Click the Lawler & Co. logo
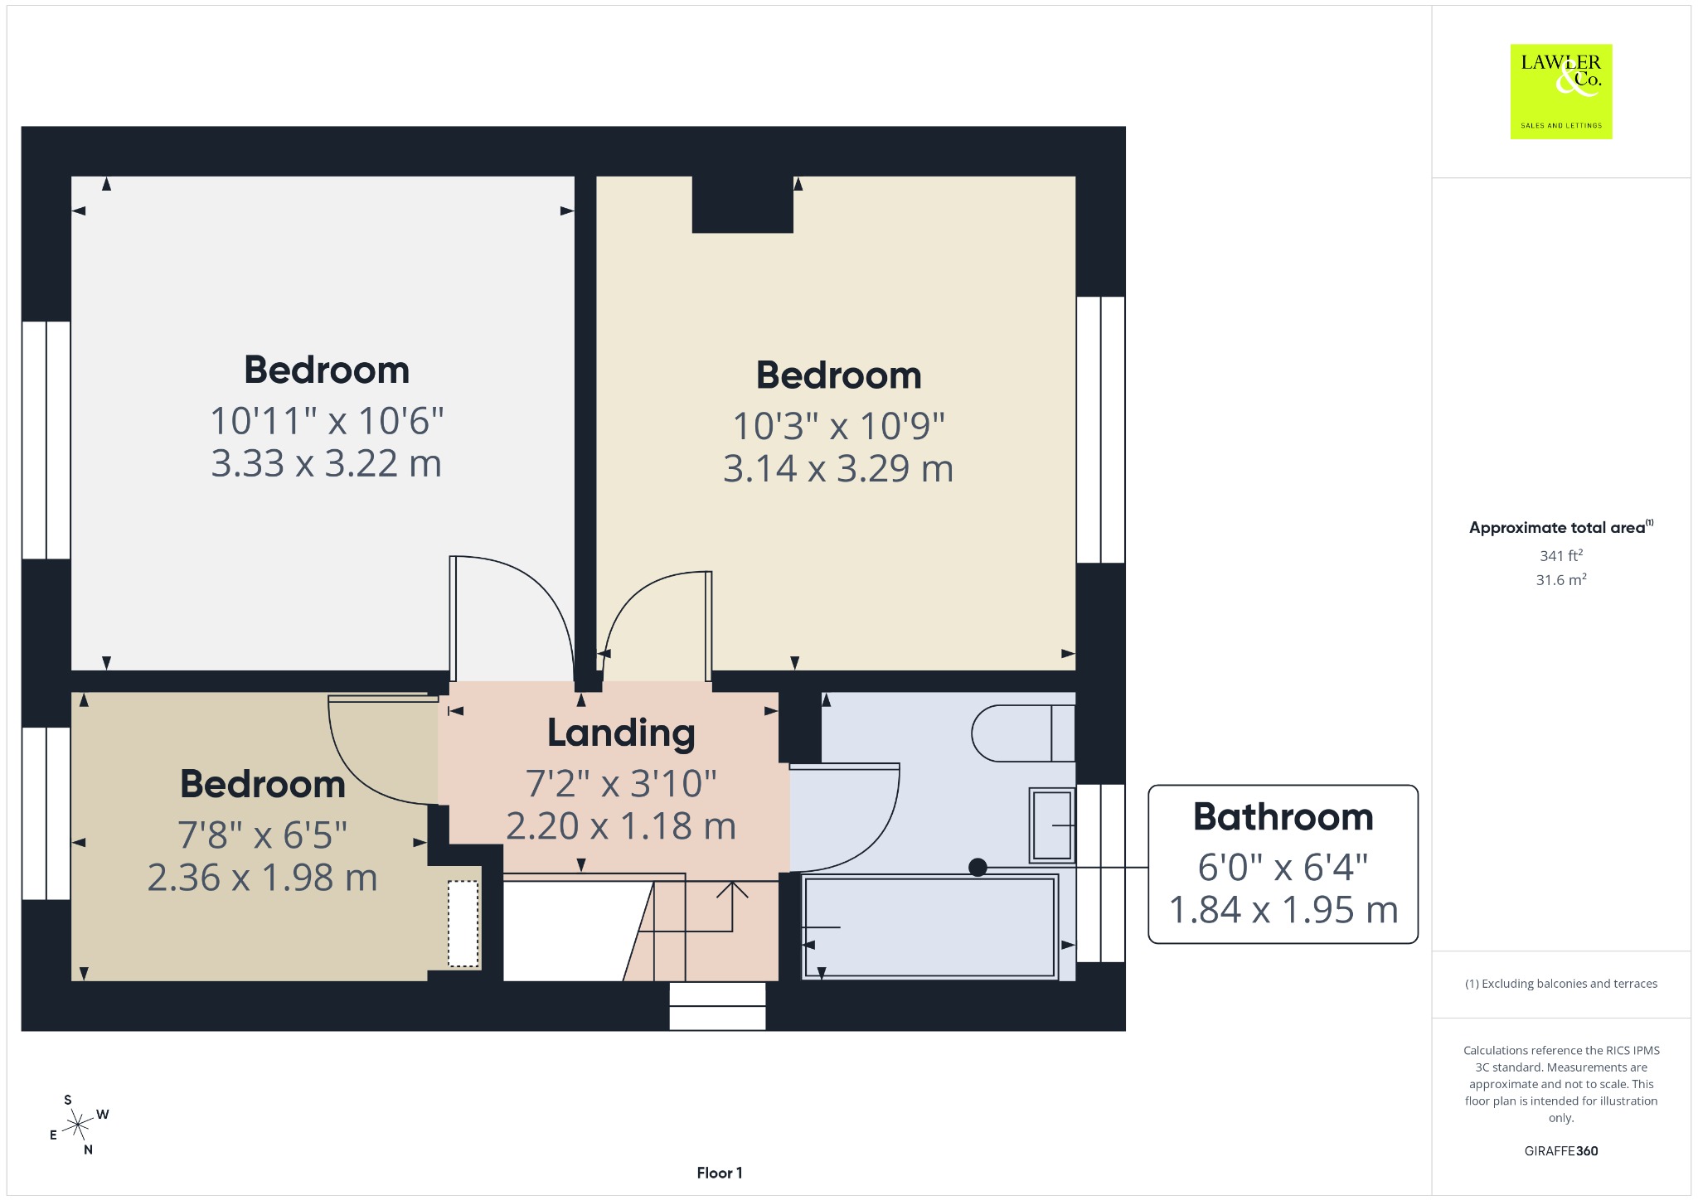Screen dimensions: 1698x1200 [x=1560, y=91]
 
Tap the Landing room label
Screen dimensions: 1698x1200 [x=621, y=733]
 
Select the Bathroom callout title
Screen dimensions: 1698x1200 [x=1283, y=816]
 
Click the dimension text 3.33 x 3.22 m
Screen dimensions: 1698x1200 [x=326, y=463]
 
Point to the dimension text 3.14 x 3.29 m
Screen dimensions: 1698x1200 [x=838, y=468]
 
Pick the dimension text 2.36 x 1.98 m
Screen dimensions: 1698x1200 [x=262, y=878]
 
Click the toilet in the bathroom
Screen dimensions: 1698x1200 [x=1023, y=733]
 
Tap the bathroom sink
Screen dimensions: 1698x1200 [x=1052, y=825]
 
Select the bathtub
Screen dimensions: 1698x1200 [x=929, y=927]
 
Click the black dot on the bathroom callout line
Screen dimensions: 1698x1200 [x=978, y=867]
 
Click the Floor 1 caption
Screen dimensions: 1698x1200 [x=720, y=1173]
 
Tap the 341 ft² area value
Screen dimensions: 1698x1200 [x=1560, y=555]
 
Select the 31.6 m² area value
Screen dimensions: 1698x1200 [x=1560, y=579]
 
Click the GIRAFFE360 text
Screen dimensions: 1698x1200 [x=1560, y=1150]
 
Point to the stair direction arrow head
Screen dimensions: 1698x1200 [x=732, y=888]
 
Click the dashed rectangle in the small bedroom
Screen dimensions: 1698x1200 [x=463, y=923]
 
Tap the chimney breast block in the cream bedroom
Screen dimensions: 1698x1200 [x=743, y=204]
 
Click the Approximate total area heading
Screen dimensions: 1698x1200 [x=1560, y=527]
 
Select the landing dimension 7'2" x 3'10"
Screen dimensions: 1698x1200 [x=621, y=783]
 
